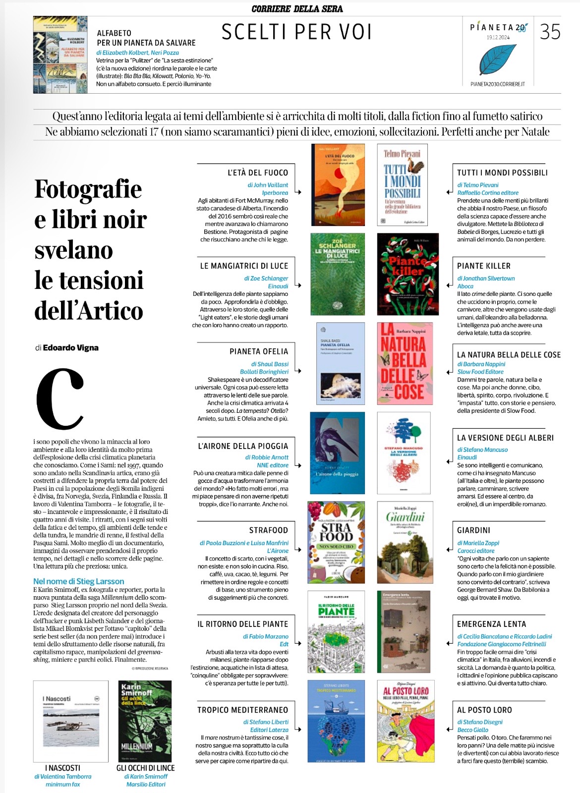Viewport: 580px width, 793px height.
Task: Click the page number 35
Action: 550,32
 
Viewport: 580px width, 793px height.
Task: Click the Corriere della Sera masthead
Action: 297,8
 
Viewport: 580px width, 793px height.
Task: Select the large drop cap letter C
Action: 60,399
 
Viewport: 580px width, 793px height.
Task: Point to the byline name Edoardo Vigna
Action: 70,347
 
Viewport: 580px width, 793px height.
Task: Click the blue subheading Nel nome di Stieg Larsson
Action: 78,581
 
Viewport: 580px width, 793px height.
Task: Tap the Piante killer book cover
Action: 407,274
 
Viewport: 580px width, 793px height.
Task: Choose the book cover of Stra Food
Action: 336,543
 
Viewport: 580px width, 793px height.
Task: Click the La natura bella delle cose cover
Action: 405,363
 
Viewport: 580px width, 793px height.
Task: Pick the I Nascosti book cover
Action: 70,721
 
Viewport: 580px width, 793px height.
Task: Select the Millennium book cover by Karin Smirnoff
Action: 145,721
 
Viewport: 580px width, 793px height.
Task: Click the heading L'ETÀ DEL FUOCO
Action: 258,172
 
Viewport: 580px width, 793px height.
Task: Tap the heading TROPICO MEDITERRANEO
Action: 242,710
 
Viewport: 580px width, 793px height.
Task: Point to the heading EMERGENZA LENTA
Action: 491,624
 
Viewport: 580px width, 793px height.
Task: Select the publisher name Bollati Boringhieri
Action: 264,372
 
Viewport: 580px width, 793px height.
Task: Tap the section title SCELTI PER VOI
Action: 296,32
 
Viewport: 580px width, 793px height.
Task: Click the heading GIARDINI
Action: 473,530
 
